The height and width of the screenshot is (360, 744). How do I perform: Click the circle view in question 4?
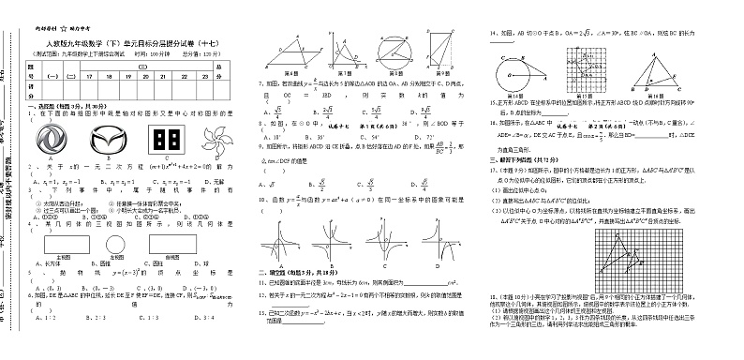[115, 243]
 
